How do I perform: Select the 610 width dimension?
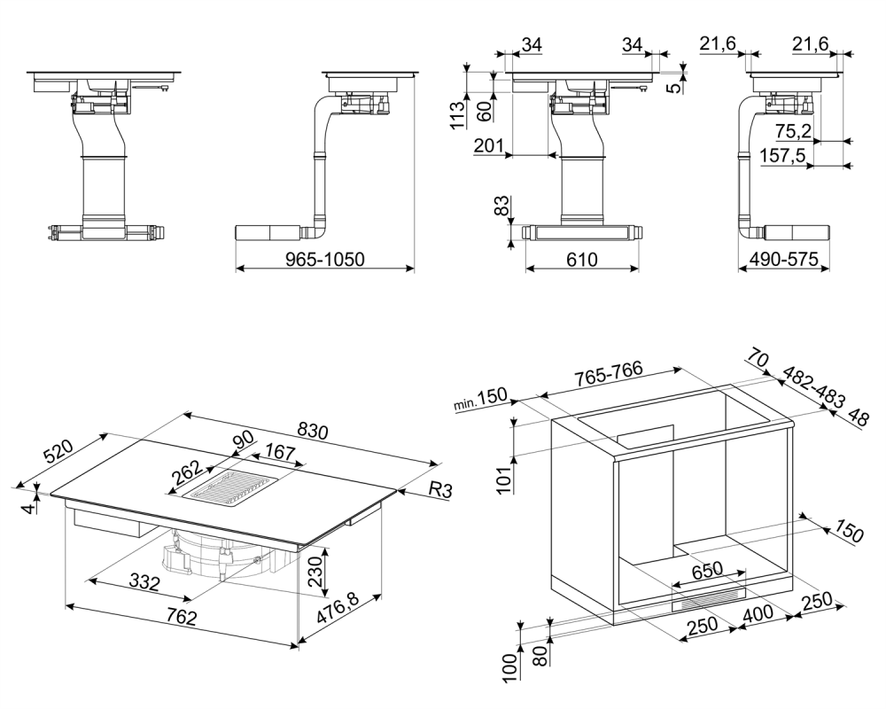point(579,259)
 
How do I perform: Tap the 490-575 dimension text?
point(782,259)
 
